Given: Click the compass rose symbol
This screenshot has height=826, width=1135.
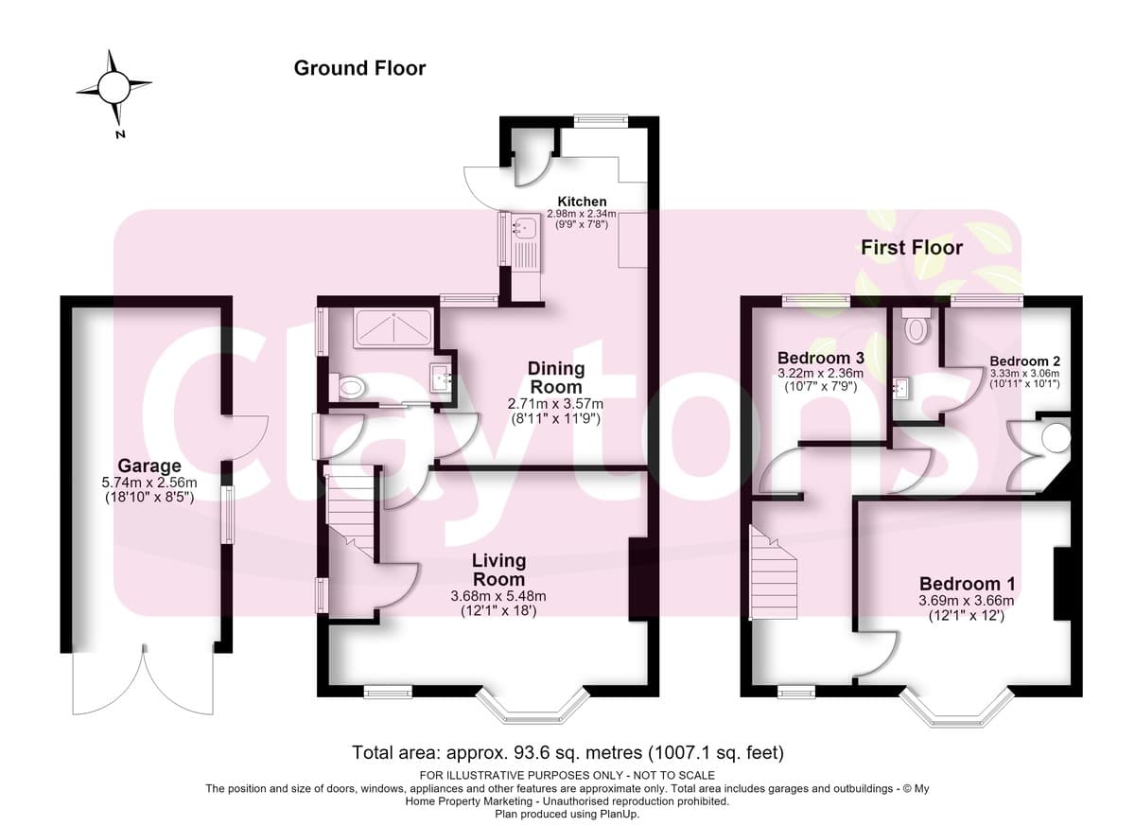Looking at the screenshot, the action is (x=114, y=88).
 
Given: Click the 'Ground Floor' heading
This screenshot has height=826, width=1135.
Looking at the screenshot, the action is (x=359, y=68).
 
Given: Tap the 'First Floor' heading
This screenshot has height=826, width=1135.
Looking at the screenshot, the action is (x=912, y=248).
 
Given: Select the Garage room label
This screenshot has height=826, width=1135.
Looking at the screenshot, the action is (x=149, y=466).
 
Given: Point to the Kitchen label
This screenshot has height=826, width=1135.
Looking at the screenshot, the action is (x=583, y=202).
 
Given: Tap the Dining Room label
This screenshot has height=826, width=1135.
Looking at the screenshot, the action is (x=556, y=378).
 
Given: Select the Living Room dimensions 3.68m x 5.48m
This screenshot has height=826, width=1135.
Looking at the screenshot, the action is (x=498, y=596).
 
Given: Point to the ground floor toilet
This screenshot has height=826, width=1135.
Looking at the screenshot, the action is (x=348, y=388).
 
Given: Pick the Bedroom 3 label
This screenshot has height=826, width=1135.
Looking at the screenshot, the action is (x=820, y=358).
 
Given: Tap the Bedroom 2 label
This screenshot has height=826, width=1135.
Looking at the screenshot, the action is (x=1024, y=361).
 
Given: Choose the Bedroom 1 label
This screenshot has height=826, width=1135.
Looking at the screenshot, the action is (x=967, y=584).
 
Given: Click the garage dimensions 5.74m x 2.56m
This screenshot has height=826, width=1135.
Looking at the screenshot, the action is (x=149, y=483).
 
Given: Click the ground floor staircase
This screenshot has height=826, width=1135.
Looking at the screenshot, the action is (x=350, y=512).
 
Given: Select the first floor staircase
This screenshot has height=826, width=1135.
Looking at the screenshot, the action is (x=774, y=572).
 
